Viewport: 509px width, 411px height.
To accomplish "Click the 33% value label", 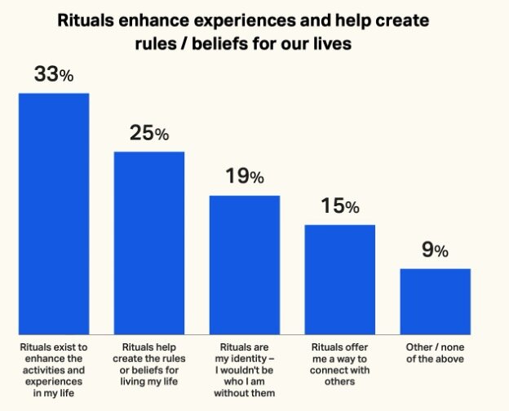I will click(53, 75).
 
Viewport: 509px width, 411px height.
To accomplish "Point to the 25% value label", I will click(149, 134).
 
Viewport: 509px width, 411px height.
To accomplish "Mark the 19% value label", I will click(244, 177).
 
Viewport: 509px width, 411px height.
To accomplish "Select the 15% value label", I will click(339, 206).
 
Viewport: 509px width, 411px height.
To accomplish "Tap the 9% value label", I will click(435, 250).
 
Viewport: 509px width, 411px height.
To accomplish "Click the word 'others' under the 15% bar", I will click(339, 380).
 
